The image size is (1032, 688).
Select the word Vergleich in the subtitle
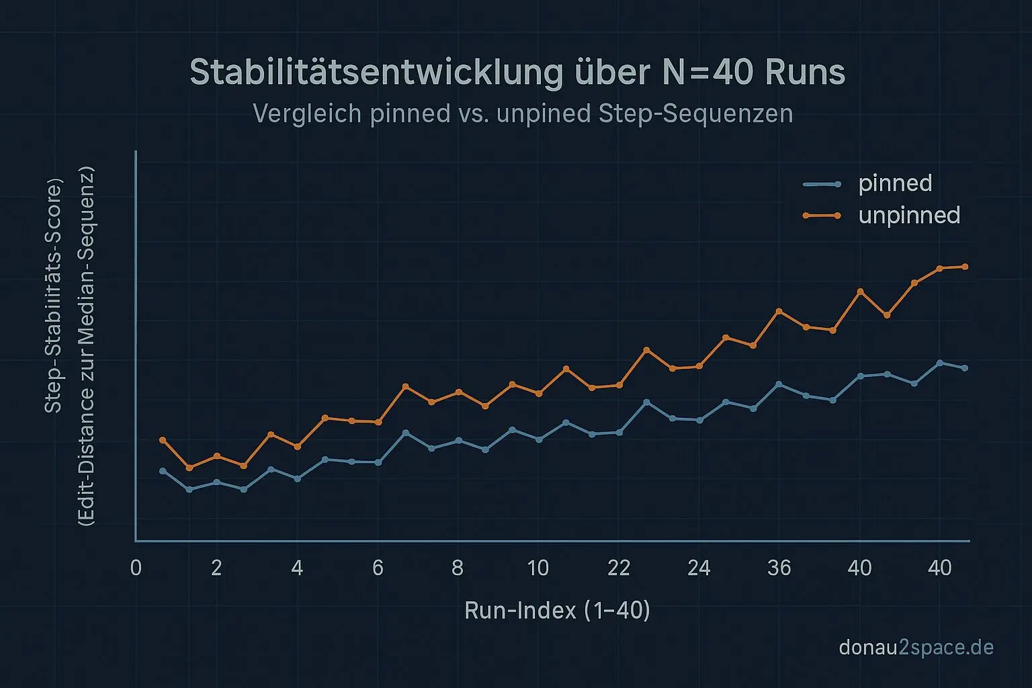coord(307,114)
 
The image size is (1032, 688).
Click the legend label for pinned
coord(895,183)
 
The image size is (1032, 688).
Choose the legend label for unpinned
coord(909,216)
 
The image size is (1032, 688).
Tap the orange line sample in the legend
coord(822,216)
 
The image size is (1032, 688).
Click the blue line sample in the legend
coord(822,184)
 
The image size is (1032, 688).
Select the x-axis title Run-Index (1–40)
coord(557,610)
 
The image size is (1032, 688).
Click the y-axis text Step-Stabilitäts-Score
coord(52,296)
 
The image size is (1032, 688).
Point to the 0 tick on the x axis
coord(136,568)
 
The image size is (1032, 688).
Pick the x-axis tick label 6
coord(378,568)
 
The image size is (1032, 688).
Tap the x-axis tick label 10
coord(537,568)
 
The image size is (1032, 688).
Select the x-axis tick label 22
coord(618,568)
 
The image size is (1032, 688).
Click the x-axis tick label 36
coord(779,568)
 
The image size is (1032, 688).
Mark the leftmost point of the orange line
coord(162,440)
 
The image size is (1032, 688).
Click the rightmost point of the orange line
coord(965,267)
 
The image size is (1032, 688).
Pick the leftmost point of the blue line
coord(162,471)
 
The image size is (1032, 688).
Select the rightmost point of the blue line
coord(965,368)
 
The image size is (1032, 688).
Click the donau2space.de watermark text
coord(916,648)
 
